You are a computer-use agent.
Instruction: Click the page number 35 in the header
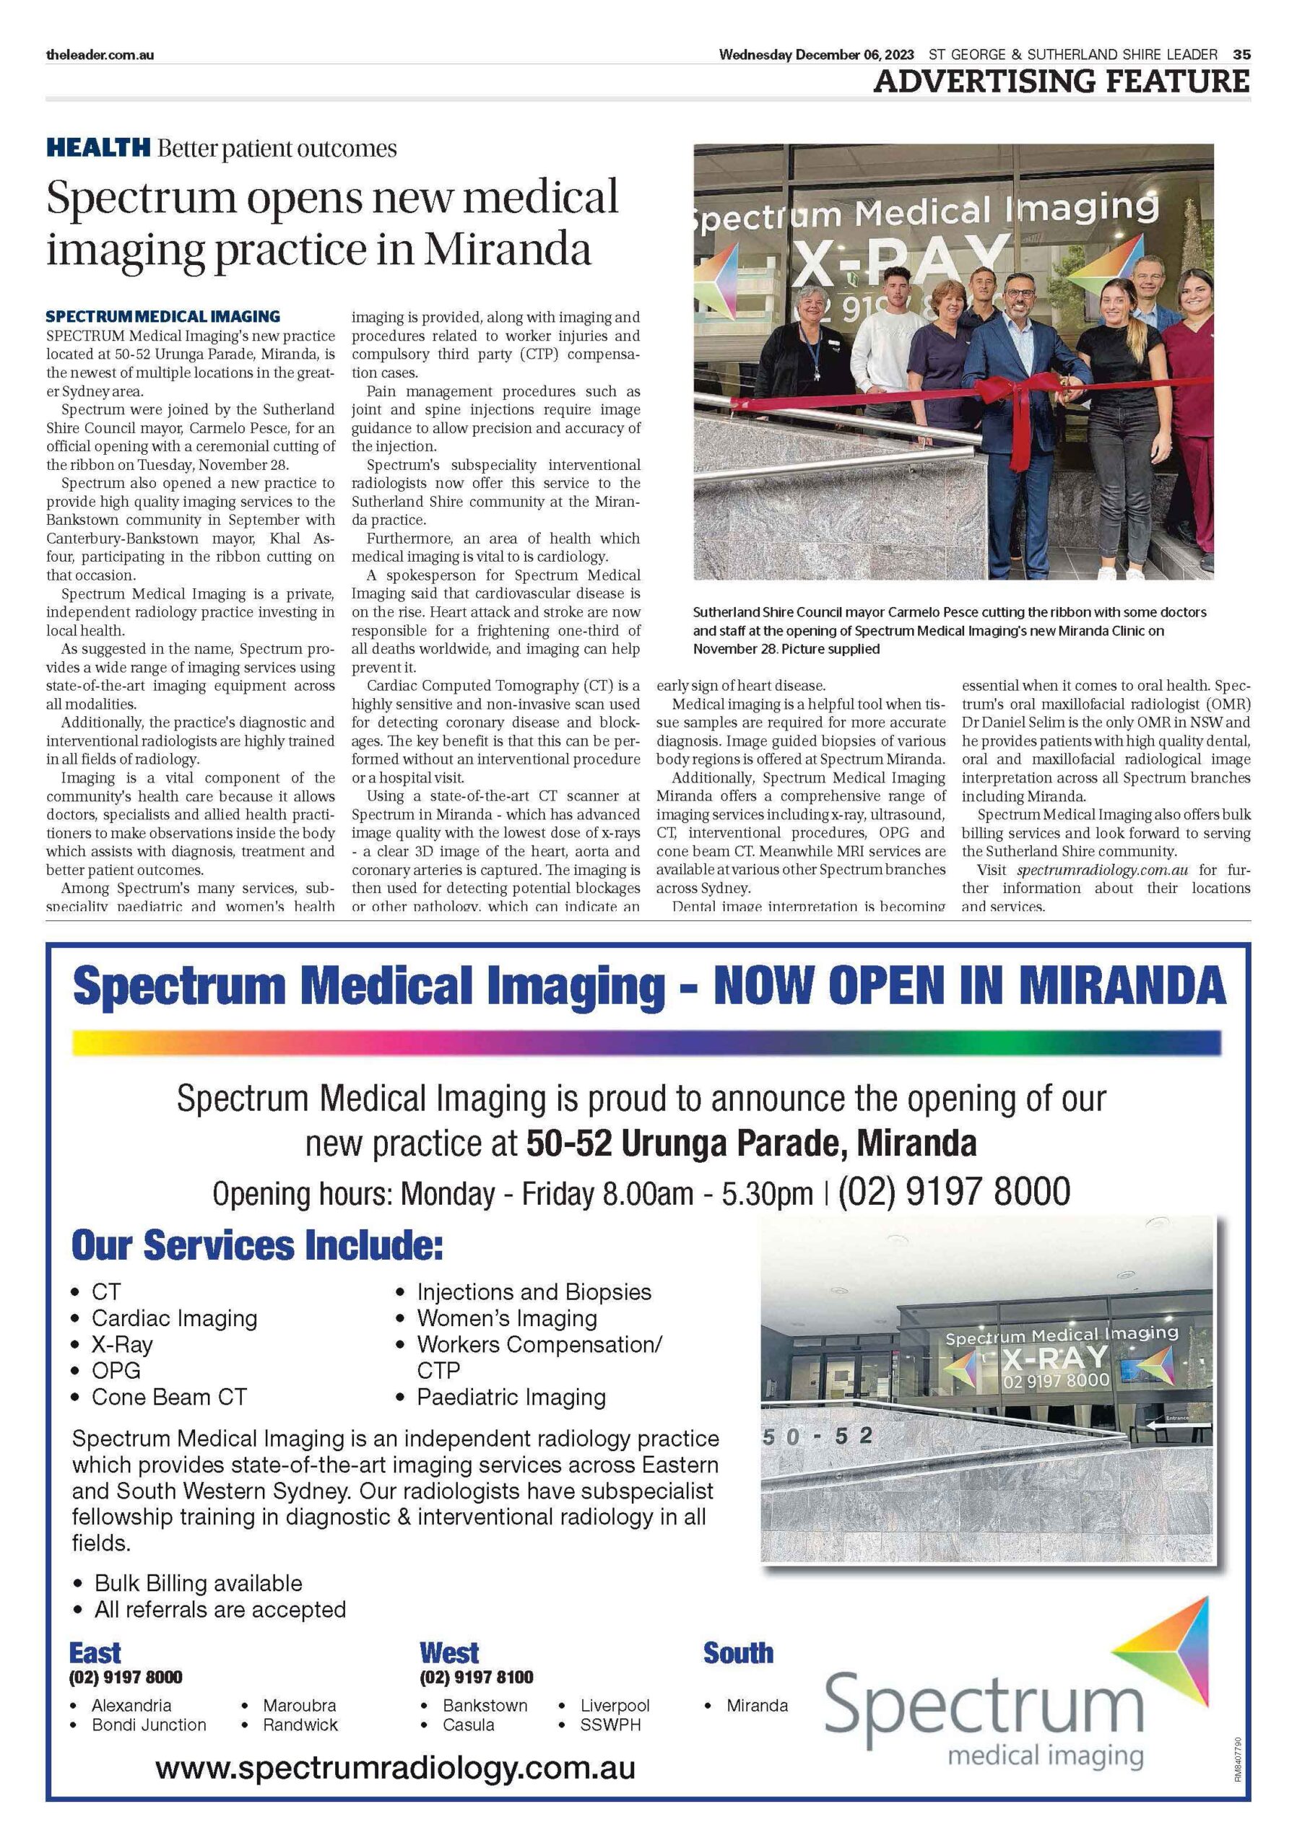click(x=1241, y=55)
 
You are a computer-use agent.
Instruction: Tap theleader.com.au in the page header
click(x=100, y=55)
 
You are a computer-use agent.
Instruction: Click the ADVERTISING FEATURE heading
click(x=1061, y=82)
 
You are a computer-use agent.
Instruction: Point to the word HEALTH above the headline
click(x=98, y=148)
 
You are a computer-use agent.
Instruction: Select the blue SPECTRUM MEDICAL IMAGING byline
click(x=162, y=316)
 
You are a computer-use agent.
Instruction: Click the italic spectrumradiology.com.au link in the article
click(x=1101, y=870)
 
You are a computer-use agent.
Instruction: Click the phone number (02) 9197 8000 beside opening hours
click(x=953, y=1191)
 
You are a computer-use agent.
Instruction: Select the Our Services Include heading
click(x=257, y=1245)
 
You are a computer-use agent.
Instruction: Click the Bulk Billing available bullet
click(x=198, y=1583)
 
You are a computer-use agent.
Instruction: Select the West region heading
click(x=448, y=1653)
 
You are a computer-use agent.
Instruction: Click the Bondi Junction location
click(x=149, y=1725)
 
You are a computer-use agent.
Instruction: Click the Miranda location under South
click(x=756, y=1705)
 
